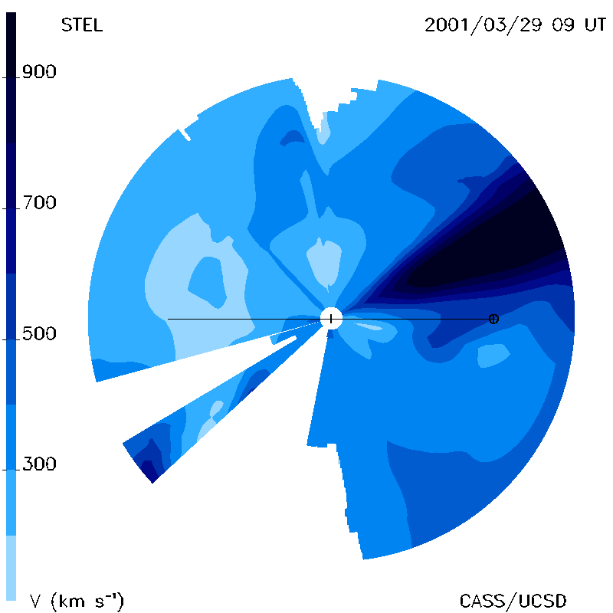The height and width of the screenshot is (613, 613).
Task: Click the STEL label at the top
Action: tap(82, 25)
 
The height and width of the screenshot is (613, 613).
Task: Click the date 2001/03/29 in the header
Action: tap(484, 25)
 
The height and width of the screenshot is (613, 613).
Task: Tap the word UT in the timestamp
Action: tap(595, 25)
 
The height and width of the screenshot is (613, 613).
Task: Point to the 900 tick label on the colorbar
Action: tap(39, 71)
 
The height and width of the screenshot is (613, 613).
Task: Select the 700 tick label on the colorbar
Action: tap(39, 202)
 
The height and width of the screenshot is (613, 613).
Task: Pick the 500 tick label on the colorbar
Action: tap(39, 333)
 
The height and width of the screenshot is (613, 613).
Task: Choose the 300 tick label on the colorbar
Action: tap(39, 464)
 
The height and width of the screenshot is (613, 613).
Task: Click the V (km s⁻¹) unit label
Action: tap(77, 601)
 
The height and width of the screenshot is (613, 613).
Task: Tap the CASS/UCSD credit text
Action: tap(513, 601)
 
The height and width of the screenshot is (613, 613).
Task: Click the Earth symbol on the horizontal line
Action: tap(493, 319)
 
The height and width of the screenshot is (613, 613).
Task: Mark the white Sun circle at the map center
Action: tap(331, 318)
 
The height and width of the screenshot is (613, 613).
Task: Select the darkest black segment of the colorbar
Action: tap(11, 77)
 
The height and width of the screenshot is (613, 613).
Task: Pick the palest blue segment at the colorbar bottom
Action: tap(11, 567)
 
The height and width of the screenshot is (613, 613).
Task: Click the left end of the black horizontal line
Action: tap(169, 319)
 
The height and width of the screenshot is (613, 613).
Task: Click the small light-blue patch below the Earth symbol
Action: tap(493, 356)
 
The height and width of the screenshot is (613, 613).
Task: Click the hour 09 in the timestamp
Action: tap(563, 25)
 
